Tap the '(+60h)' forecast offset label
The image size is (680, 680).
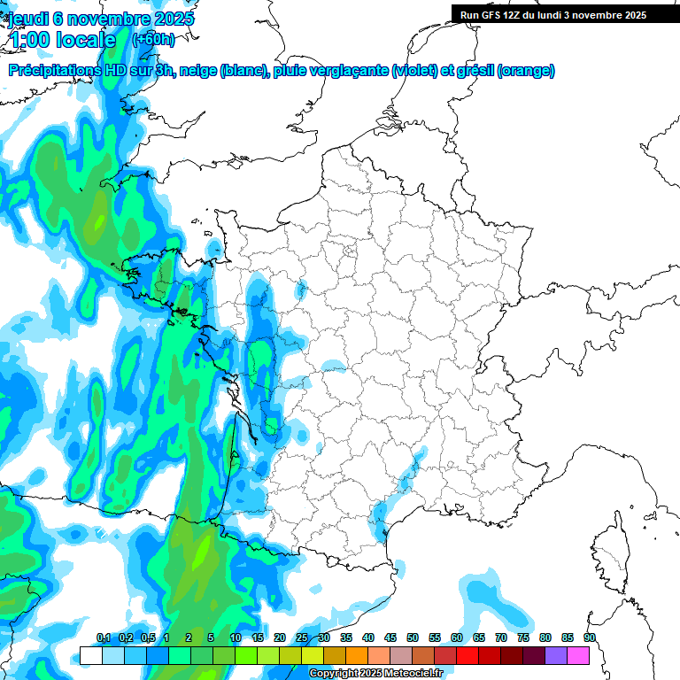[x=153, y=39]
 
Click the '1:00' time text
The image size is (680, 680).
[x=28, y=40]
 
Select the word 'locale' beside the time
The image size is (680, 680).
[x=86, y=40]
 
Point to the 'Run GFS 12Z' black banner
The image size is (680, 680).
[x=553, y=14]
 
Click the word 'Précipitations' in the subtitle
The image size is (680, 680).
[x=54, y=71]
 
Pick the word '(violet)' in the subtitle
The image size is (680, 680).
[x=414, y=71]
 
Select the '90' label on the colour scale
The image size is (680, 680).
[x=589, y=637]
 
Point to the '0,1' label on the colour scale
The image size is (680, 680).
[x=103, y=637]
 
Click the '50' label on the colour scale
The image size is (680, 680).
[x=413, y=637]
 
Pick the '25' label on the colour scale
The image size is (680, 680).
[x=302, y=637]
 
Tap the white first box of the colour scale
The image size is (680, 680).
[x=90, y=655]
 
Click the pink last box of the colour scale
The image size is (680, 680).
[x=578, y=655]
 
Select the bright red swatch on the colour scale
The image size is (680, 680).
[x=467, y=655]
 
